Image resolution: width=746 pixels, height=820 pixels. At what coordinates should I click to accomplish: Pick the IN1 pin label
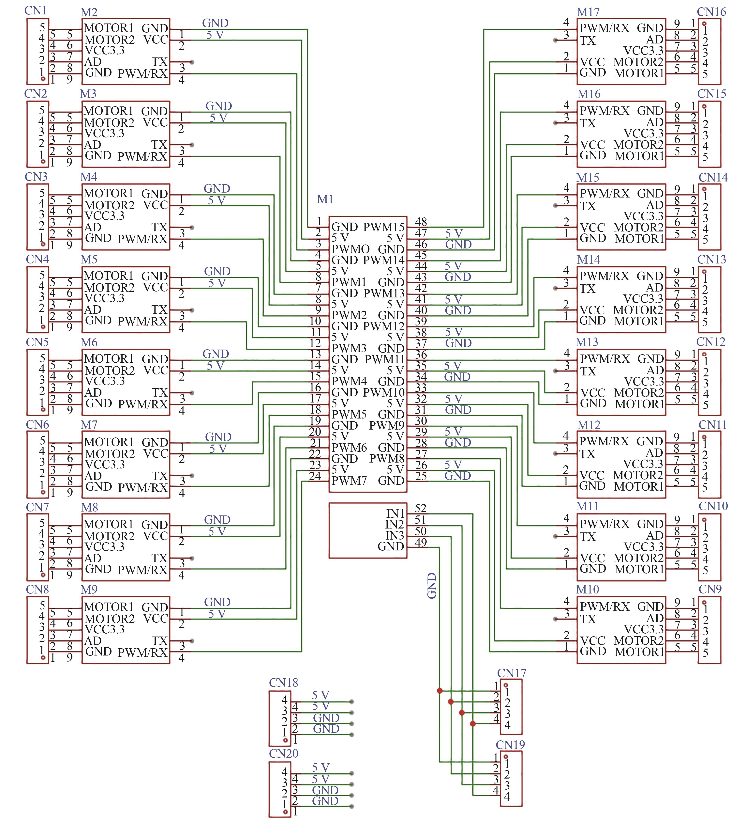[x=395, y=514]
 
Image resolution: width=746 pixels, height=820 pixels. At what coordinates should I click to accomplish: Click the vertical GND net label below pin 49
[x=432, y=586]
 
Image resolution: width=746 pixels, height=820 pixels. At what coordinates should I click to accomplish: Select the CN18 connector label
[x=283, y=683]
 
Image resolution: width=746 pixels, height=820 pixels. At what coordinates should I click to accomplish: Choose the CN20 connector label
[x=283, y=754]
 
